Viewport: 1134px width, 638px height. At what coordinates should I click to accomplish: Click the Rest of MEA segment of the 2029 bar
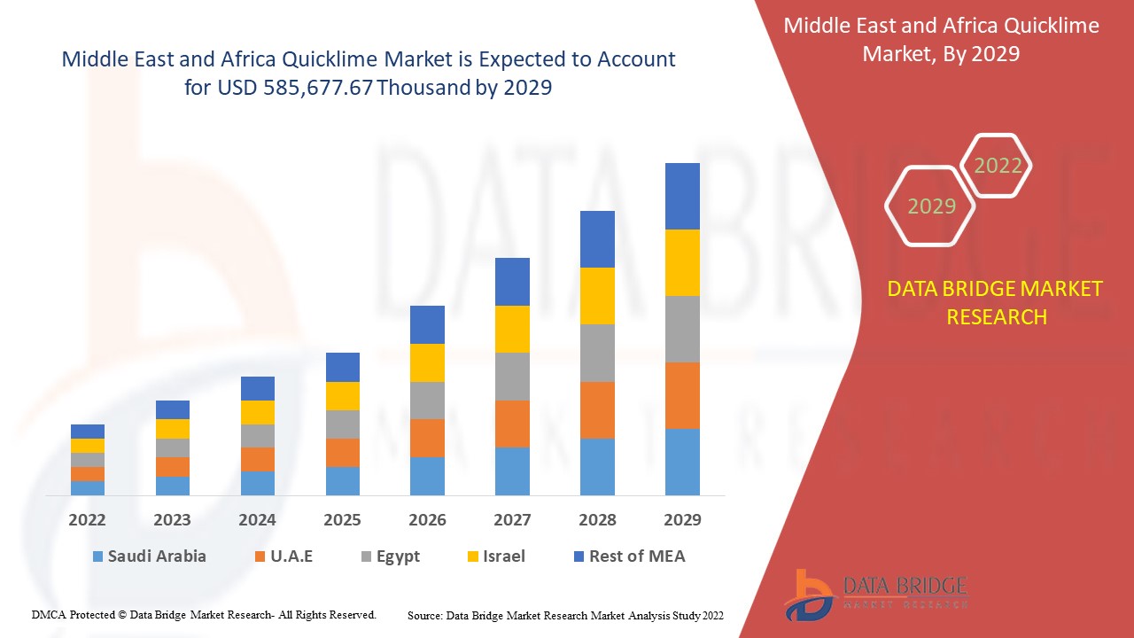click(682, 196)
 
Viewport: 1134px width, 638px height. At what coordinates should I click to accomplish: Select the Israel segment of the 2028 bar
click(597, 295)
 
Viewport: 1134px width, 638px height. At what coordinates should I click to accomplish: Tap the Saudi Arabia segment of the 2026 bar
click(427, 476)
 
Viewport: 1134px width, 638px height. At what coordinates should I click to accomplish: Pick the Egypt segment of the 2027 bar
click(512, 377)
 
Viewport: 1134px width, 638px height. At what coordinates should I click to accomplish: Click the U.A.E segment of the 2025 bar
click(343, 452)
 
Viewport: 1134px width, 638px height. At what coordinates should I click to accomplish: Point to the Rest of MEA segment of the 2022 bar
click(88, 432)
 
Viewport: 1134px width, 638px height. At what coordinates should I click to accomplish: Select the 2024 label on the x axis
click(257, 520)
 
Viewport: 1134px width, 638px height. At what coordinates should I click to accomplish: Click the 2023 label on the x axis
click(173, 520)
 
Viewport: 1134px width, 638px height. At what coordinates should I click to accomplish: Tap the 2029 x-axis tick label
click(682, 520)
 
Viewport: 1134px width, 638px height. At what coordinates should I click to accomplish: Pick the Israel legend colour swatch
click(474, 557)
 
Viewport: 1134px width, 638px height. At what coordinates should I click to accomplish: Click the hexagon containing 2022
click(998, 166)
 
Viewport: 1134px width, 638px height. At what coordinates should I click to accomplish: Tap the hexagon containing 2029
click(931, 206)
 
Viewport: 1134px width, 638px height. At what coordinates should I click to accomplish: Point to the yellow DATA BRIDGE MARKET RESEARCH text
click(996, 302)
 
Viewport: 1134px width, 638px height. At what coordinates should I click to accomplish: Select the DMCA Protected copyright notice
click(204, 614)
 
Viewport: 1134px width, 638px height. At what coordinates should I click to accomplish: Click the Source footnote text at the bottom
click(565, 615)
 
